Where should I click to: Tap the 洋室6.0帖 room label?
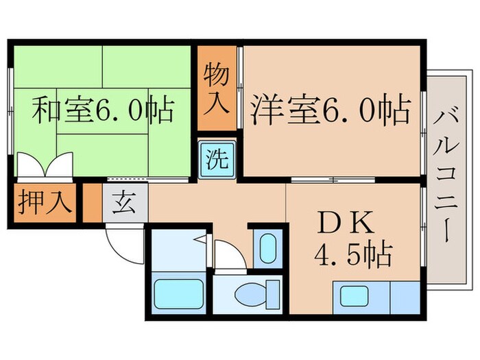click(x=331, y=110)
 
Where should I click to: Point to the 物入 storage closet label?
click(x=215, y=87)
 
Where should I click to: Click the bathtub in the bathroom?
click(x=176, y=294)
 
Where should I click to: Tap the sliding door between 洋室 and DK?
click(x=333, y=180)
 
